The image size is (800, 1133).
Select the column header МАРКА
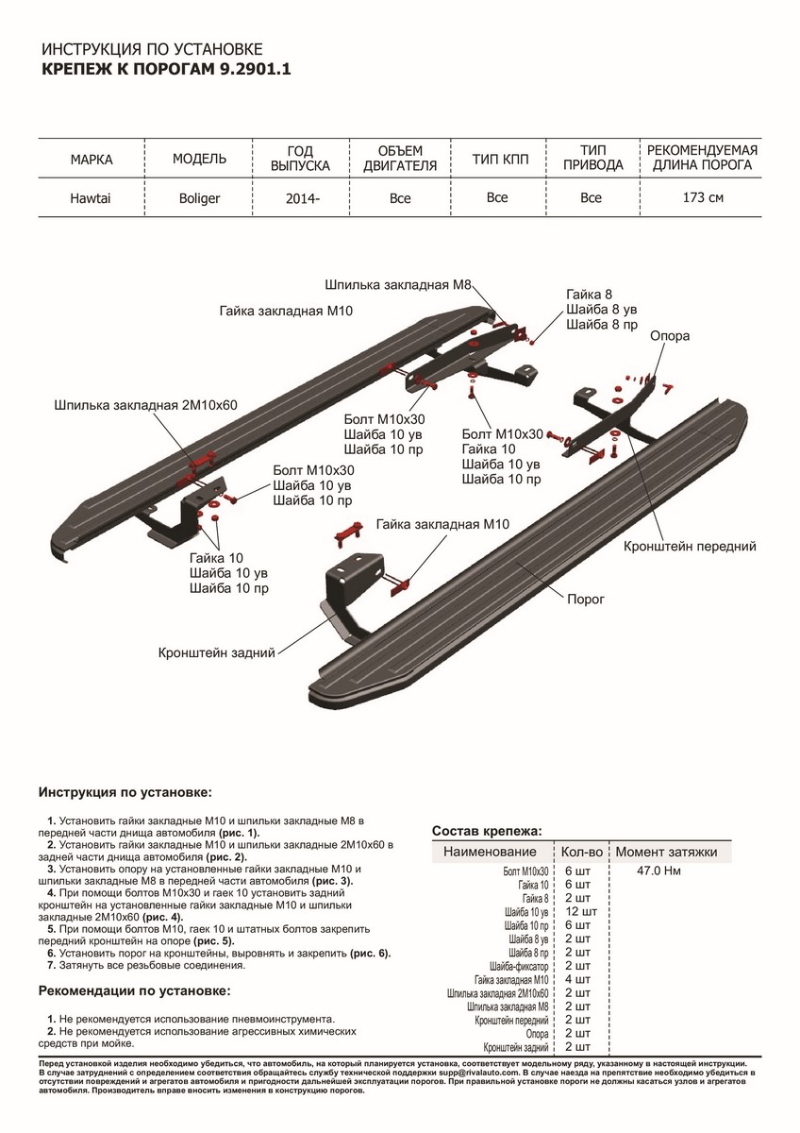(x=92, y=160)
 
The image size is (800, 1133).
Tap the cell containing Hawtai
(x=92, y=199)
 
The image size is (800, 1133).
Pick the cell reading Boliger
(x=199, y=199)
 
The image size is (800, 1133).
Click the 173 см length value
(x=704, y=198)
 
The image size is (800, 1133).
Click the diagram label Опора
(x=669, y=335)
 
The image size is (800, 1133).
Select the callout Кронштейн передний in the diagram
(x=690, y=546)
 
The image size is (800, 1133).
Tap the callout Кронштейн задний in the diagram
(x=216, y=651)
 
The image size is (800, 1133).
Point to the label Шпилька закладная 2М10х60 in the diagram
(x=146, y=405)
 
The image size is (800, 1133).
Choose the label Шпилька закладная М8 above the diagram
(x=397, y=283)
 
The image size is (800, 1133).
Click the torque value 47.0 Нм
(x=659, y=871)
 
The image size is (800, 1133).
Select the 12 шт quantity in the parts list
(x=580, y=912)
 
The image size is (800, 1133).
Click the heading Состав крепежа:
(x=486, y=831)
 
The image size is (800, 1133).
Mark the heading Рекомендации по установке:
(x=133, y=991)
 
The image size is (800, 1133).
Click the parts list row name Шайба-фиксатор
(x=520, y=967)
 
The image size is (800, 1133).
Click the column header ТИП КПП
(x=497, y=160)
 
